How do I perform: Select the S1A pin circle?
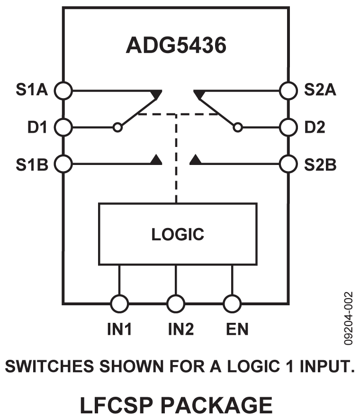coord(63,90)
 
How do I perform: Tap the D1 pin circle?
coord(63,127)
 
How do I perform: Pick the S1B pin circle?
coord(63,164)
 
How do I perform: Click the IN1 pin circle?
coord(119,302)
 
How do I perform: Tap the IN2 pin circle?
coord(176,302)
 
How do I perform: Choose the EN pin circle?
coord(232,302)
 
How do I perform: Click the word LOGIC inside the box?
coord(178,234)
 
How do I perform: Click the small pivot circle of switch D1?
coord(118,127)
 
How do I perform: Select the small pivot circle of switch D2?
coord(238,127)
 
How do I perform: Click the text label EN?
coord(236,329)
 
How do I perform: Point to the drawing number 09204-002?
coord(349,318)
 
